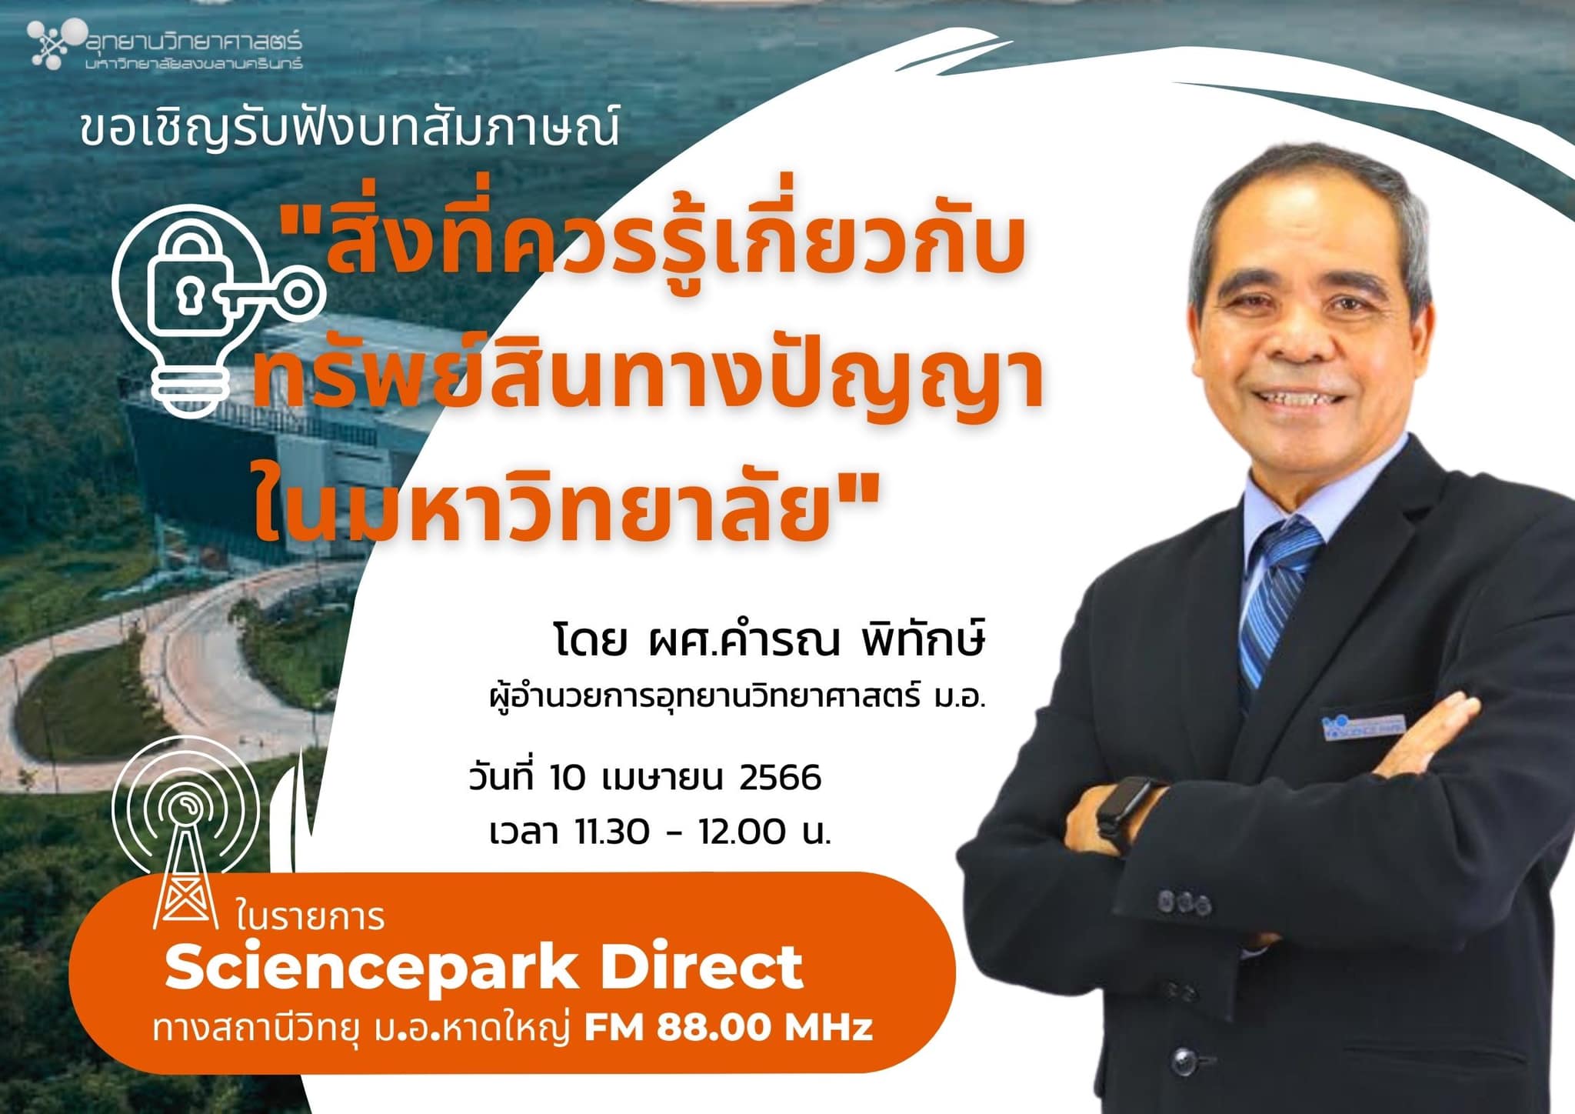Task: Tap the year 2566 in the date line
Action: click(x=780, y=778)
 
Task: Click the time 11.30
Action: click(x=612, y=832)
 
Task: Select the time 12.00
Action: click(x=743, y=832)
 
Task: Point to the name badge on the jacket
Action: click(x=1364, y=726)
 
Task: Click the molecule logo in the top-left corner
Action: click(x=55, y=42)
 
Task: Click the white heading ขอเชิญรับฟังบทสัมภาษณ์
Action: click(x=349, y=130)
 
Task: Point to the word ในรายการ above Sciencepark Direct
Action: click(x=311, y=917)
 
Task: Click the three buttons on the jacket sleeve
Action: click(x=1180, y=901)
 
